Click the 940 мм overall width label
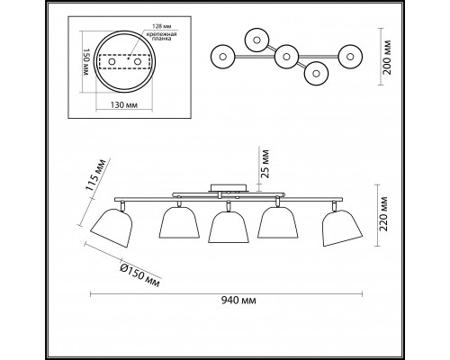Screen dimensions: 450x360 (238, 300)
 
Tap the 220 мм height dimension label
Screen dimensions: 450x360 (383, 214)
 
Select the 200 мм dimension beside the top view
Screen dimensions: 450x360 (388, 57)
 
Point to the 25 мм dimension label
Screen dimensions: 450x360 (265, 164)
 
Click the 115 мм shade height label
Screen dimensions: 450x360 (95, 175)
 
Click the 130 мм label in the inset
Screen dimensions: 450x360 (124, 105)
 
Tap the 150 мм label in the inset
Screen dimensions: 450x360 (86, 62)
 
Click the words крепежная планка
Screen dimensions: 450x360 (161, 36)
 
